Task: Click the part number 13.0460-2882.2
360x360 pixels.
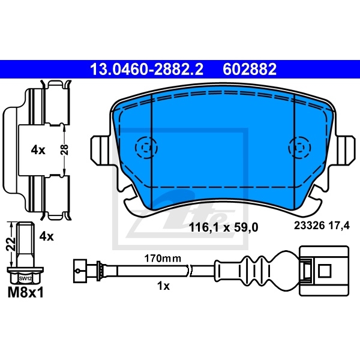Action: click(146, 70)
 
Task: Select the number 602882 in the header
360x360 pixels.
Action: click(250, 70)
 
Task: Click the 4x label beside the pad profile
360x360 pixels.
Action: click(38, 150)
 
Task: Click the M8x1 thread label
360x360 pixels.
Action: click(25, 294)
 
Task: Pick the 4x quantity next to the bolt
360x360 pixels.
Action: click(46, 236)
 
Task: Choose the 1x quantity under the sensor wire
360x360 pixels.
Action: click(162, 286)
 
